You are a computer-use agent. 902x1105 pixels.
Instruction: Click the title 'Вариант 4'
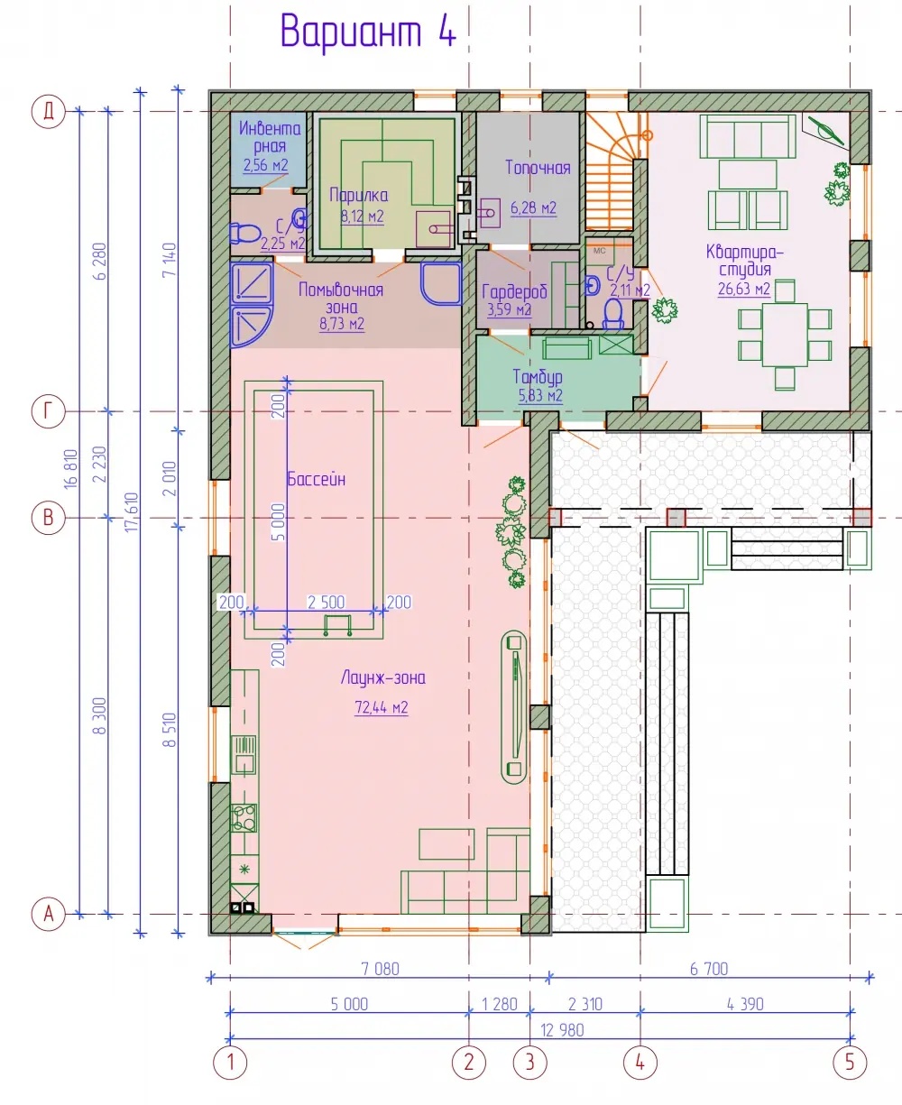point(368,32)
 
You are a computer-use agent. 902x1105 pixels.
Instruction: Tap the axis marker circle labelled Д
point(48,112)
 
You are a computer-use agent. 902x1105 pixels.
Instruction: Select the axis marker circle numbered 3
point(529,1063)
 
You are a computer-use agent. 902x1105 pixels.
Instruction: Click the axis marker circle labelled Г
point(48,410)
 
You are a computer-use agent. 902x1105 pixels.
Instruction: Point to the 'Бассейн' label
point(316,479)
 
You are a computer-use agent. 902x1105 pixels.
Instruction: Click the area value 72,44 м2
point(381,707)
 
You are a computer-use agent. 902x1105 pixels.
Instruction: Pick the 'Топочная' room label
point(538,168)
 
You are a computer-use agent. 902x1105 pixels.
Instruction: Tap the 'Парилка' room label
point(358,196)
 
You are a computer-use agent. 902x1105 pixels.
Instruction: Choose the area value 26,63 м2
point(744,288)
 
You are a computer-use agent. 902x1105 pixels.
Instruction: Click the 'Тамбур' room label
point(538,377)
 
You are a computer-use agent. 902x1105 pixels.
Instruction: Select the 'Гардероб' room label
point(514,291)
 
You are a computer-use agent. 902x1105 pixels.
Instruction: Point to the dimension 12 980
point(562,1030)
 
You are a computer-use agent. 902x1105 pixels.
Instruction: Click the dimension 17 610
point(132,511)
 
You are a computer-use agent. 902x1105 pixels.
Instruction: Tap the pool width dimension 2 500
point(326,602)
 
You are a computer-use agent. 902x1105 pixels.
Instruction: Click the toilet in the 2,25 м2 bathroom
point(245,233)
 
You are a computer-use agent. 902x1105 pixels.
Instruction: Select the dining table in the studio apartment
point(784,335)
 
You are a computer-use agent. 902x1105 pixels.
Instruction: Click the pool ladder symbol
point(337,625)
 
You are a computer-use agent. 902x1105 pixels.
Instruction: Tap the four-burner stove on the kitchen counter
point(244,818)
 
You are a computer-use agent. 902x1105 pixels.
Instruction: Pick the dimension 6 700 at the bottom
point(709,969)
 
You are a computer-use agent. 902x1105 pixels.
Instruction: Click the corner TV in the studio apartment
point(825,131)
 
